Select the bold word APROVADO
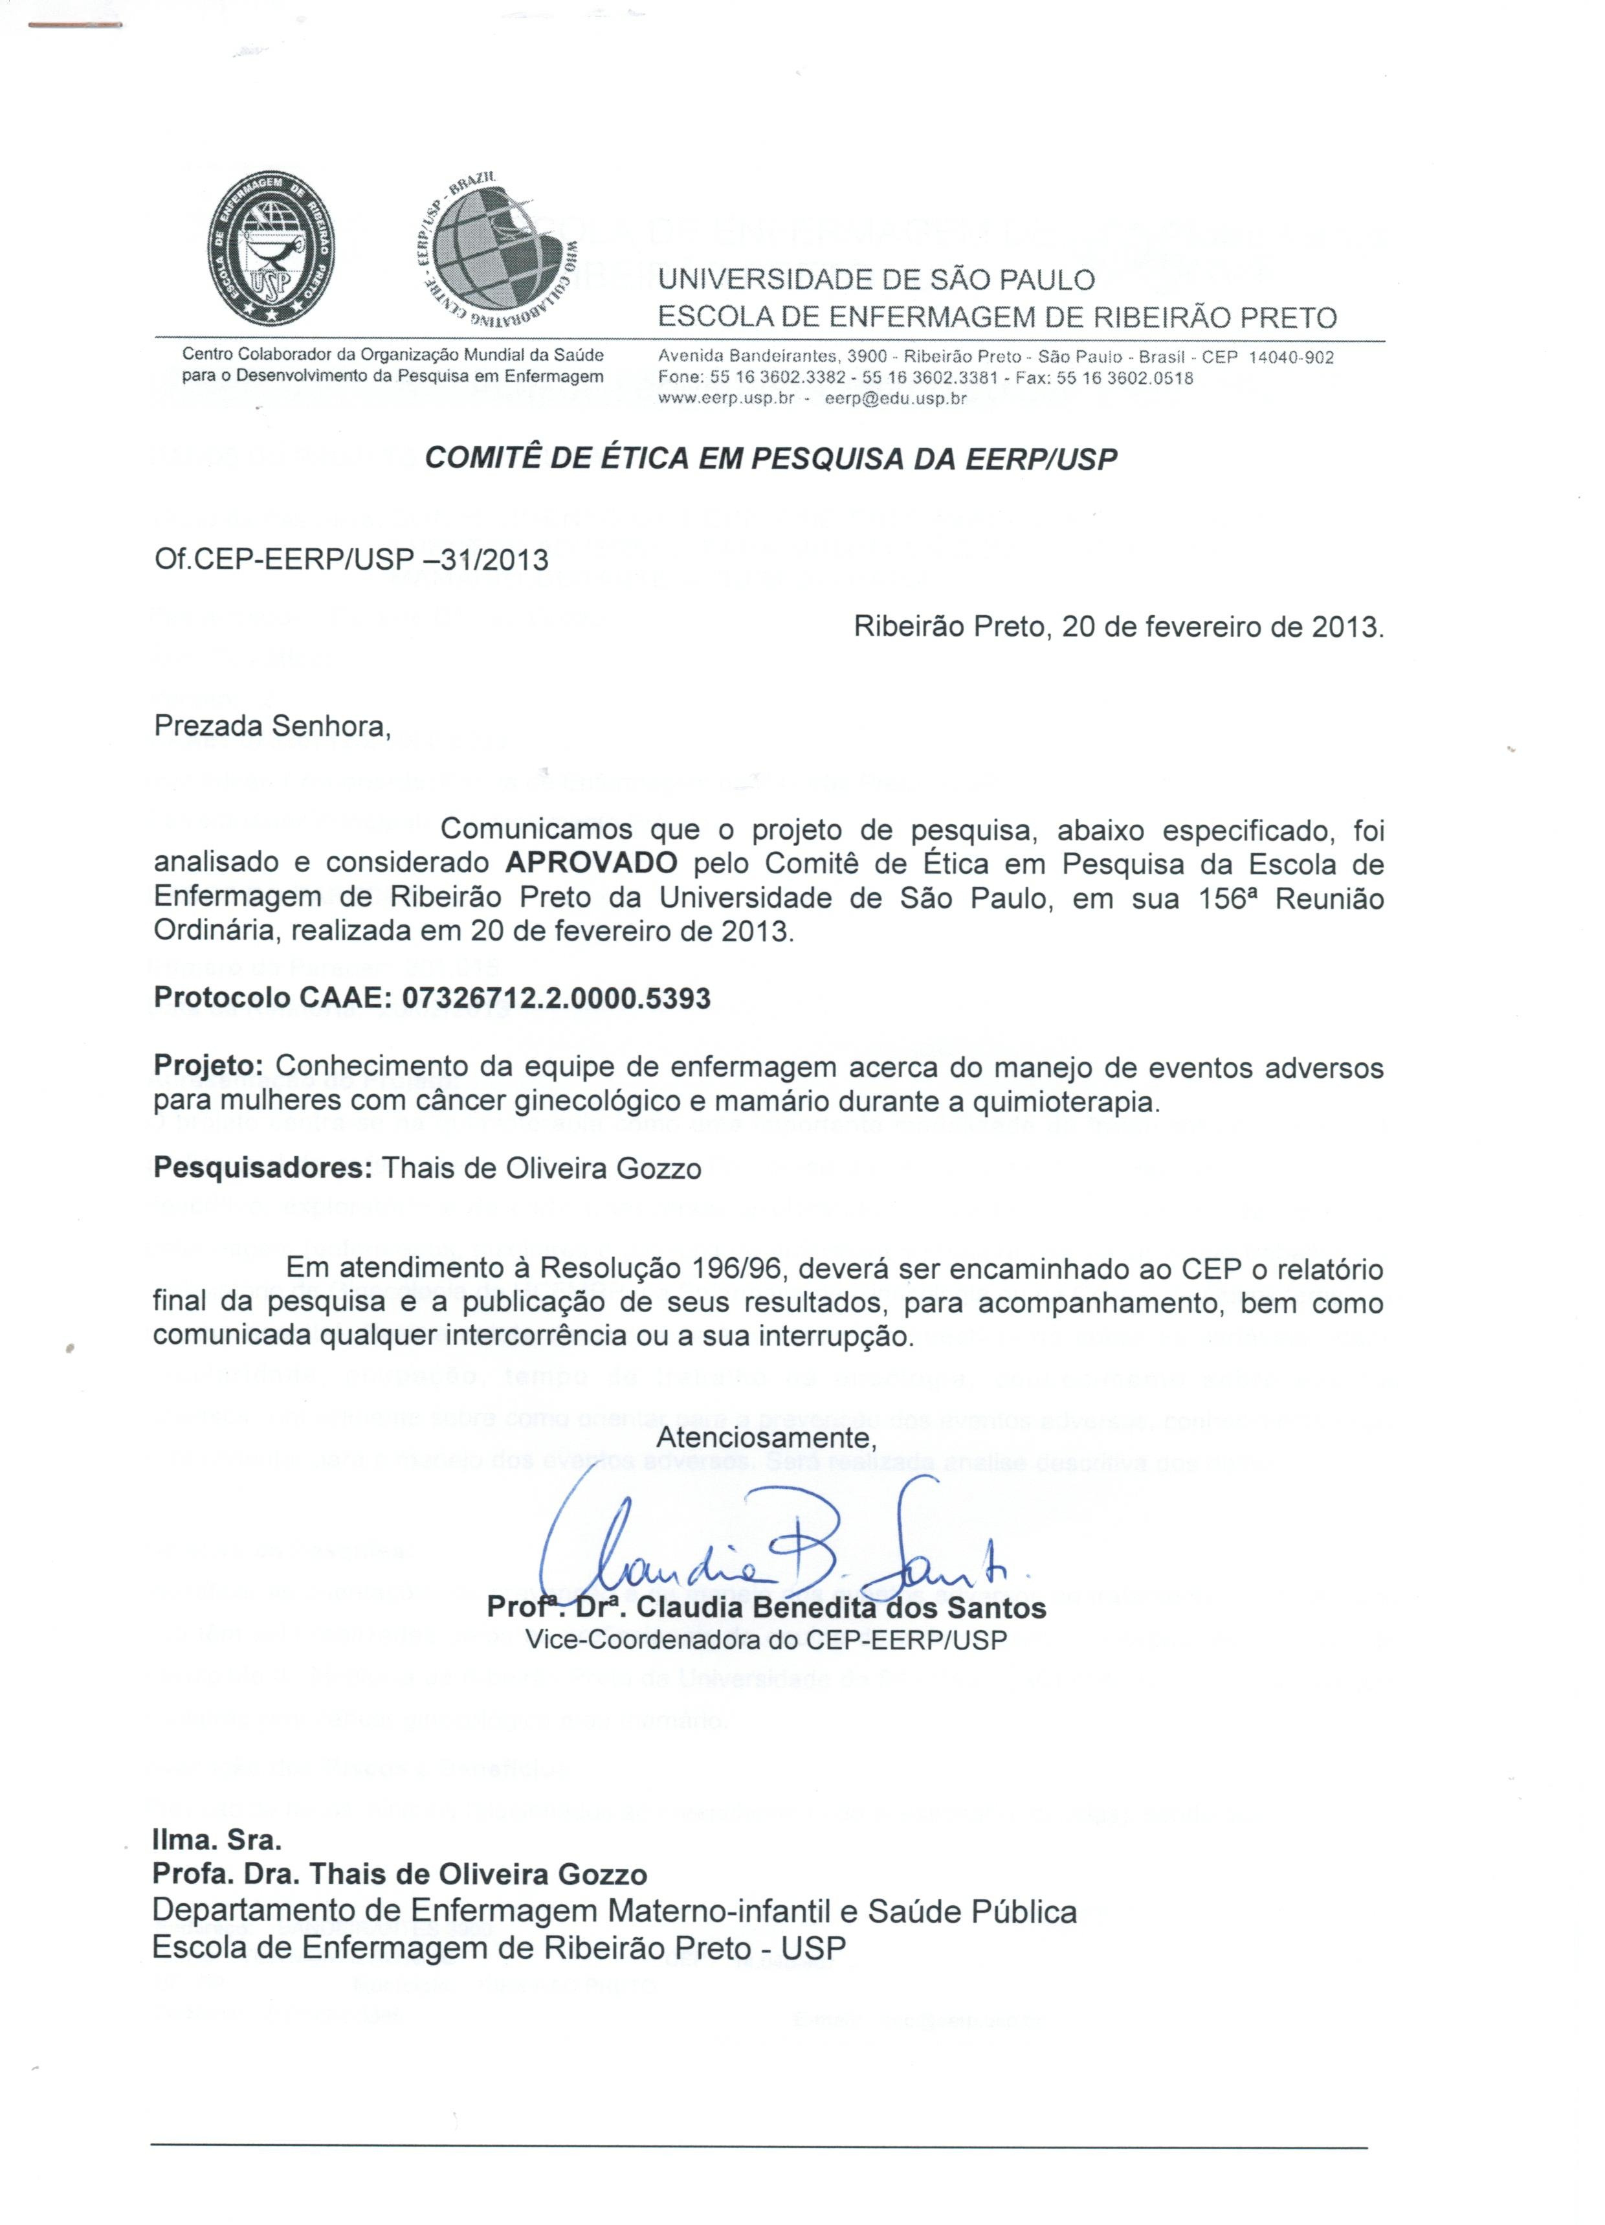592,864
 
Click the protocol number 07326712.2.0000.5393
557,999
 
